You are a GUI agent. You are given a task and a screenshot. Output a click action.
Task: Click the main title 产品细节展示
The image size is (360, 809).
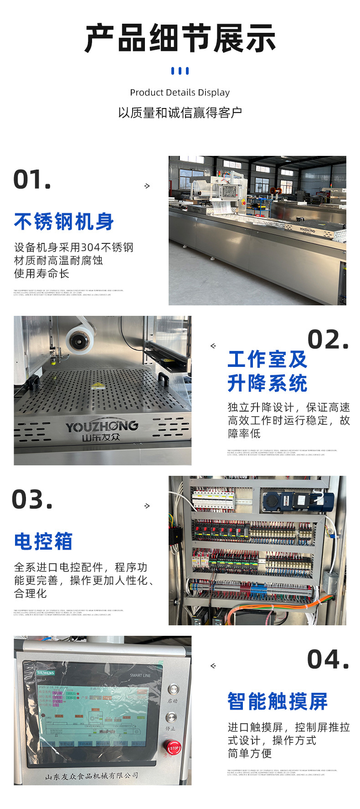pyautogui.click(x=180, y=38)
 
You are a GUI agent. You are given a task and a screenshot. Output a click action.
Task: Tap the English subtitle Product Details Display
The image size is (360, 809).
pyautogui.click(x=180, y=93)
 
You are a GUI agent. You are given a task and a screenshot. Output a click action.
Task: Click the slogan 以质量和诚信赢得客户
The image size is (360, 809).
pyautogui.click(x=180, y=113)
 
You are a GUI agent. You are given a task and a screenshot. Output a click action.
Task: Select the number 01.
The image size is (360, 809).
pyautogui.click(x=32, y=180)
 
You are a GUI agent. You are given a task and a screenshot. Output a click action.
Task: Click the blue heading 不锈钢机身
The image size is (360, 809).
pyautogui.click(x=64, y=222)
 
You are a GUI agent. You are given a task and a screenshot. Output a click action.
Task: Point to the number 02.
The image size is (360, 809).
pyautogui.click(x=328, y=340)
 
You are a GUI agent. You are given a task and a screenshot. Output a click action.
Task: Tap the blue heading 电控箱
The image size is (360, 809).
pyautogui.click(x=43, y=541)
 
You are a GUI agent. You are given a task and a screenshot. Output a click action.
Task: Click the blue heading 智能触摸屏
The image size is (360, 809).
pyautogui.click(x=278, y=701)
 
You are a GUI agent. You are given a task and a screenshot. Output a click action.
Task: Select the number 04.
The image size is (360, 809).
pyautogui.click(x=328, y=660)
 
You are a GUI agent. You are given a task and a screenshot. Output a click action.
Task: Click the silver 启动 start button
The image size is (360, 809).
pyautogui.click(x=172, y=689)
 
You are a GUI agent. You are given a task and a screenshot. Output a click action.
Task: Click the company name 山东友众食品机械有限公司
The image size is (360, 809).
pyautogui.click(x=91, y=776)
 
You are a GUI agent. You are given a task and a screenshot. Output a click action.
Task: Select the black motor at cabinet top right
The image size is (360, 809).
pyautogui.click(x=296, y=500)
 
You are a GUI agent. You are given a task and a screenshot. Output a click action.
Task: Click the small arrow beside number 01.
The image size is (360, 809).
pyautogui.click(x=147, y=186)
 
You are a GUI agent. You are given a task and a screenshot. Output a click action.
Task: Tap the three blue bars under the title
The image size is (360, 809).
pyautogui.click(x=180, y=71)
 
